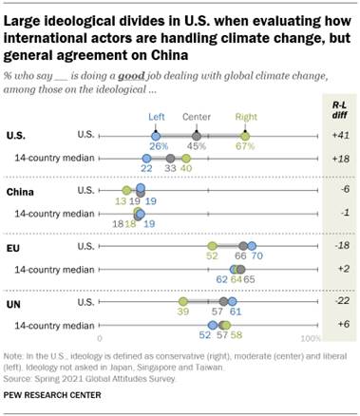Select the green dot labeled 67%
coord(245,136)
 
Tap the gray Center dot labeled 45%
coord(197,136)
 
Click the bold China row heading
coord(22,191)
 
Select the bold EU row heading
coord(15,245)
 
